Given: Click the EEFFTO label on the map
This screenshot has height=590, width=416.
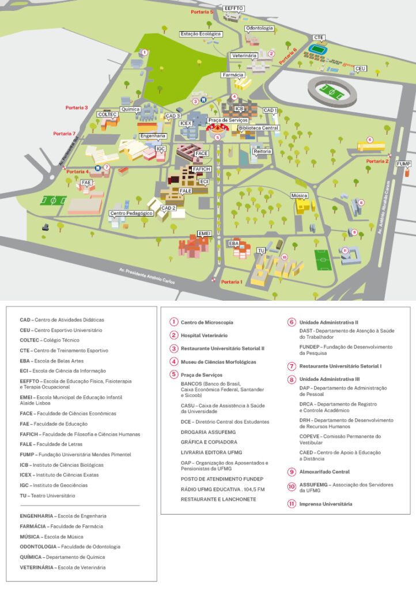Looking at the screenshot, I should (x=234, y=8).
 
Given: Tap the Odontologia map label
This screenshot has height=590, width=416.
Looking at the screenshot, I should (x=259, y=28).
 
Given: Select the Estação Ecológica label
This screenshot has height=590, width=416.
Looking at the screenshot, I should (x=201, y=34).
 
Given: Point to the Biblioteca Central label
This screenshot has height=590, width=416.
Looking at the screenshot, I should (x=258, y=128).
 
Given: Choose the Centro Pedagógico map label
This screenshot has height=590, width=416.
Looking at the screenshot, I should (x=131, y=213).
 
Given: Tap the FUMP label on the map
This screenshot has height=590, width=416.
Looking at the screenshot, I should (x=404, y=164).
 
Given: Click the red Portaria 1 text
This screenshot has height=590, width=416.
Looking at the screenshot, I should (x=232, y=282).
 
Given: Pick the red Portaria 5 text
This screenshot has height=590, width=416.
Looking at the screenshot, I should (x=203, y=12).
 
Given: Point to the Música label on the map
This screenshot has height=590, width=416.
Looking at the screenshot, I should (x=299, y=196).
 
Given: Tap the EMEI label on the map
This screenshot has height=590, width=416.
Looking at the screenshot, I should (x=205, y=232).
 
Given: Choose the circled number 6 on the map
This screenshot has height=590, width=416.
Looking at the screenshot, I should (x=370, y=139).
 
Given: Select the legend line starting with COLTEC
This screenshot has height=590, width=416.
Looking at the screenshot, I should (x=49, y=341).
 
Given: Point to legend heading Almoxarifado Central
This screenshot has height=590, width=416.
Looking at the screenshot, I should (x=324, y=472).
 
